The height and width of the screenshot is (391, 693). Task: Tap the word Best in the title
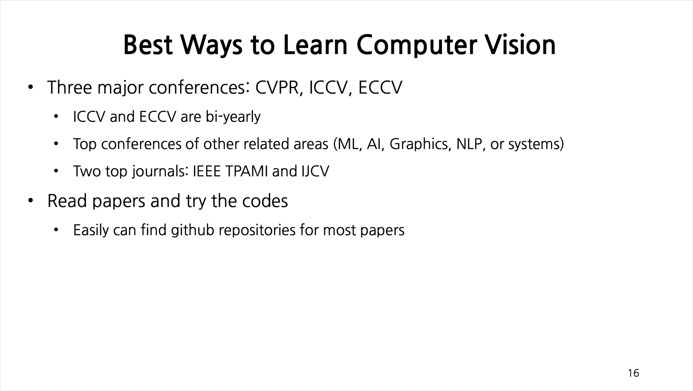[x=148, y=45]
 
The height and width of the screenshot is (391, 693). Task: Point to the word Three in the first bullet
[x=69, y=87]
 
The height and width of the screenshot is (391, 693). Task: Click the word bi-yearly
[x=233, y=117]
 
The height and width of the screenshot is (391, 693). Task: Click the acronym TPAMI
[x=246, y=171]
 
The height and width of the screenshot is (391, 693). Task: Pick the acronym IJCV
[x=315, y=171]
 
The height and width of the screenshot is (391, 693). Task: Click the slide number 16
[x=633, y=373]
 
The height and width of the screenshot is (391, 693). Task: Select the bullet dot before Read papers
[x=30, y=201]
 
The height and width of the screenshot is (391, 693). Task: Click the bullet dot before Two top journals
[x=56, y=171]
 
